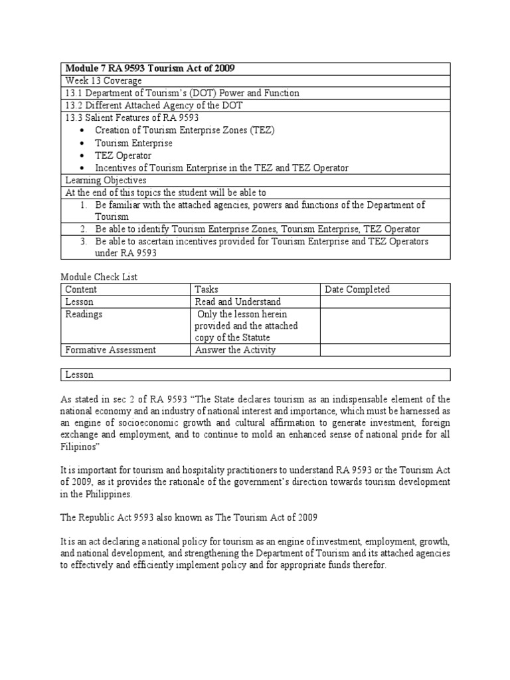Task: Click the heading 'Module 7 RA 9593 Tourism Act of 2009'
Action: coord(149,68)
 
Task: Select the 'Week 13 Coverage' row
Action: coord(103,81)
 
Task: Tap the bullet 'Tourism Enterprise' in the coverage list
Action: coord(133,143)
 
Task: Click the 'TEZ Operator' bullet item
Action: coord(123,155)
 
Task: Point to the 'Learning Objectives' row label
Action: coord(106,180)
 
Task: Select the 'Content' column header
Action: coord(81,289)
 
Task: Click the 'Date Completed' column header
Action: coord(357,289)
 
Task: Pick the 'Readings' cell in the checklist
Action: coord(84,314)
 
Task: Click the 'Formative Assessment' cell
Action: coord(110,350)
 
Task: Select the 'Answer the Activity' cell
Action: coord(234,350)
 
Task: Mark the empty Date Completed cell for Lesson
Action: coord(384,301)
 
